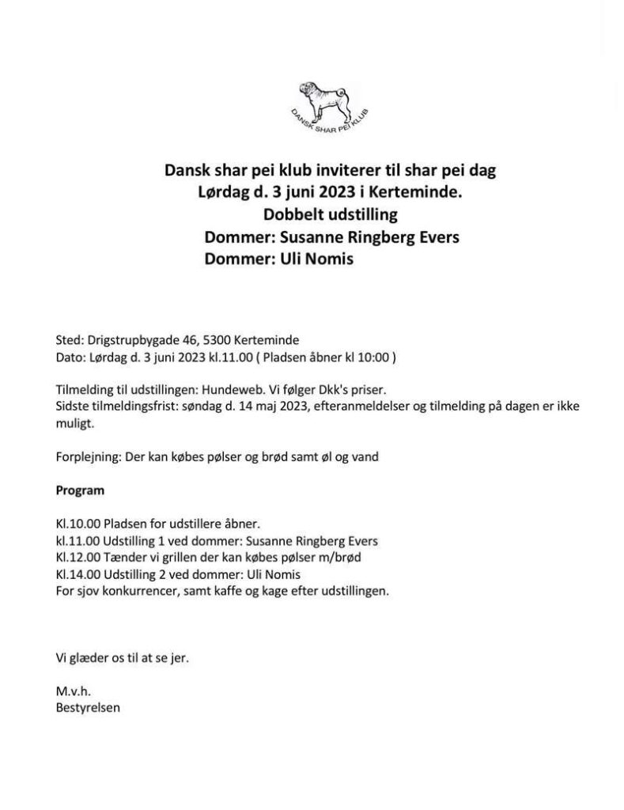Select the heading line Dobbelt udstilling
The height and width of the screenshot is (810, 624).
pyautogui.click(x=330, y=214)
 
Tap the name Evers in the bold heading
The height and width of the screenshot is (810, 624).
pyautogui.click(x=434, y=237)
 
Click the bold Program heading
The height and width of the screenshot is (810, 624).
pyautogui.click(x=80, y=490)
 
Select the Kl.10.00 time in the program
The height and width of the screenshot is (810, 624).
pyautogui.click(x=75, y=524)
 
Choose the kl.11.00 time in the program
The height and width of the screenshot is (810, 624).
pyautogui.click(x=74, y=541)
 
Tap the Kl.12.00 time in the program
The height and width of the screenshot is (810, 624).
pyautogui.click(x=75, y=558)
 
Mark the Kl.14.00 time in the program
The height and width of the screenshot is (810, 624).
pyautogui.click(x=75, y=574)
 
